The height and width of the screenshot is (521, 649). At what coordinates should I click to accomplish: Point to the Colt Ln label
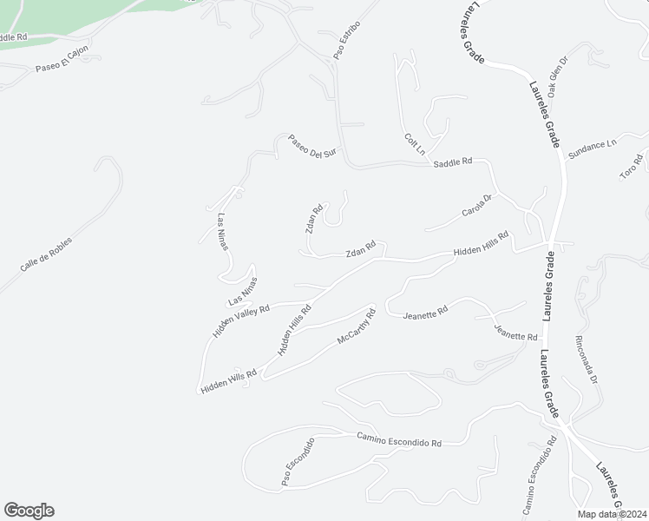[x=415, y=143]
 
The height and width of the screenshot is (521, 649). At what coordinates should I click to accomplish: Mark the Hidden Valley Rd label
[x=242, y=320]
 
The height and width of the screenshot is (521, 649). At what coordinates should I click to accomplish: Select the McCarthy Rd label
[x=356, y=326]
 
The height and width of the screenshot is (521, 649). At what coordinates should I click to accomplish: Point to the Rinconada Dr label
[x=587, y=359]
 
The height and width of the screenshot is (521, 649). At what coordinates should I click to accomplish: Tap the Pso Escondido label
[x=297, y=461]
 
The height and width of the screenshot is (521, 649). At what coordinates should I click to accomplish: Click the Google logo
[x=29, y=511]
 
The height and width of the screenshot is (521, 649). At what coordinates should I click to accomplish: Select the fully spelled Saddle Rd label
[x=453, y=162]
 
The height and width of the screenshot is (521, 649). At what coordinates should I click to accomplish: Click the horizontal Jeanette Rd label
[x=425, y=313]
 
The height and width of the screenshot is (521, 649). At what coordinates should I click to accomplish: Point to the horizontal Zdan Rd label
[x=360, y=251]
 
